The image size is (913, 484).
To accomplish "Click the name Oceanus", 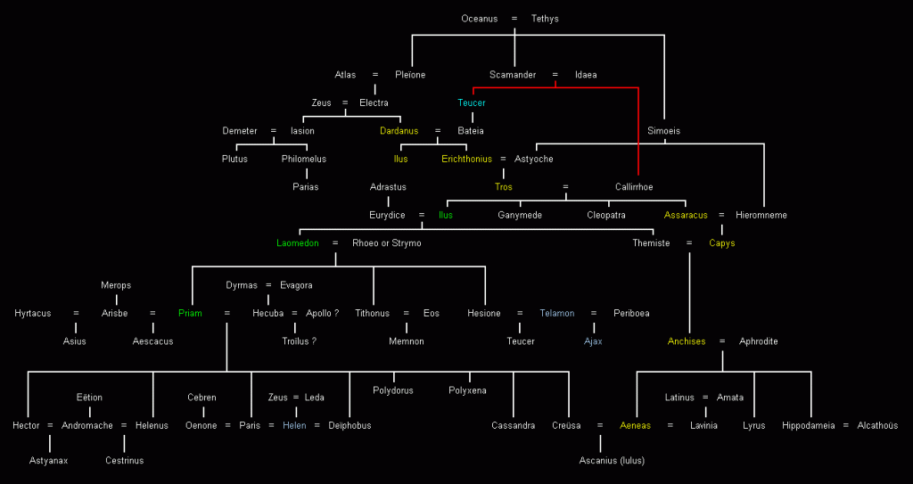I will click(480, 19).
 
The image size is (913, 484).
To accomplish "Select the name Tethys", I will click(545, 19).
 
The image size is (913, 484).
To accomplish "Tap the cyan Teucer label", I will click(472, 103).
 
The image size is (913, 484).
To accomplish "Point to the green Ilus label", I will click(445, 215).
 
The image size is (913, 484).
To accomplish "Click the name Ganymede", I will click(520, 215).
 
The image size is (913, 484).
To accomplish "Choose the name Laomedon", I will click(297, 243).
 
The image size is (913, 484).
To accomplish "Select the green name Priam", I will click(191, 313).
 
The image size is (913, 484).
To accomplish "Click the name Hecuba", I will click(267, 313).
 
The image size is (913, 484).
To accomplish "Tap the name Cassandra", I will click(513, 425).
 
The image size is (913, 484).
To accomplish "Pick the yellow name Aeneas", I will click(636, 425).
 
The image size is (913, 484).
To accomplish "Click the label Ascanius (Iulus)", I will click(612, 460).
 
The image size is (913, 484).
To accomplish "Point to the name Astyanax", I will click(49, 460).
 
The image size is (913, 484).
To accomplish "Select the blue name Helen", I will click(295, 425).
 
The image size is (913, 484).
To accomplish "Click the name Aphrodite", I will click(758, 341).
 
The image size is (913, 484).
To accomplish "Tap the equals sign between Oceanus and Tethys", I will click(514, 19).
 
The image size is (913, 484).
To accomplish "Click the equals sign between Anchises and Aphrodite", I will click(721, 341).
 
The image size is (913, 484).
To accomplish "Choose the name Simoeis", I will click(663, 131).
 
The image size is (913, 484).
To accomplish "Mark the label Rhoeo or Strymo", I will click(387, 243).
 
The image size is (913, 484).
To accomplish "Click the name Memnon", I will click(407, 341).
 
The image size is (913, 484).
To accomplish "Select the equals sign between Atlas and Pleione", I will click(375, 75).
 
